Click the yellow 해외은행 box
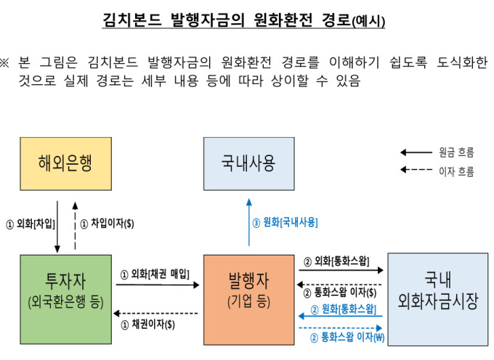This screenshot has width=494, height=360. [x=66, y=163]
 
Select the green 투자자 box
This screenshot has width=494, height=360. [x=66, y=299]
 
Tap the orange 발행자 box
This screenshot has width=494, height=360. [x=249, y=300]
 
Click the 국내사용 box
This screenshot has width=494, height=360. [x=249, y=163]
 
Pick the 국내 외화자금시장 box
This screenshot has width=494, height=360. [x=438, y=299]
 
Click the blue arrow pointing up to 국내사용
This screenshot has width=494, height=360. [x=249, y=222]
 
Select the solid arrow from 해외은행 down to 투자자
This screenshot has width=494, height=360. [x=57, y=226]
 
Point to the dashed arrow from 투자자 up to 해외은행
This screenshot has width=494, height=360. [x=75, y=226]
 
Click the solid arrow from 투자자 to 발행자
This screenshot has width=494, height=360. [x=158, y=285]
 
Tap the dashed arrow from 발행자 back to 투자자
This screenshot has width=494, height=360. [x=155, y=314]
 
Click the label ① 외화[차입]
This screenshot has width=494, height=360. [x=31, y=224]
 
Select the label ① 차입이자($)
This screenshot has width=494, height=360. [x=107, y=224]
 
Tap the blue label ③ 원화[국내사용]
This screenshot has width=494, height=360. [x=285, y=223]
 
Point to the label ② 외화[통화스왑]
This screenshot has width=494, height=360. [x=336, y=261]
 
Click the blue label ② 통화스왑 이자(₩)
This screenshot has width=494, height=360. [x=347, y=337]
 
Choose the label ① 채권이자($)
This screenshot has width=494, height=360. [x=147, y=324]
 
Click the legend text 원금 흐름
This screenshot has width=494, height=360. [x=456, y=152]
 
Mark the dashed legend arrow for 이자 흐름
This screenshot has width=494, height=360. [x=416, y=170]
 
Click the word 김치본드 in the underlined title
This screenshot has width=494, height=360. [x=132, y=20]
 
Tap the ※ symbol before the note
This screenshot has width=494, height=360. [x=4, y=62]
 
